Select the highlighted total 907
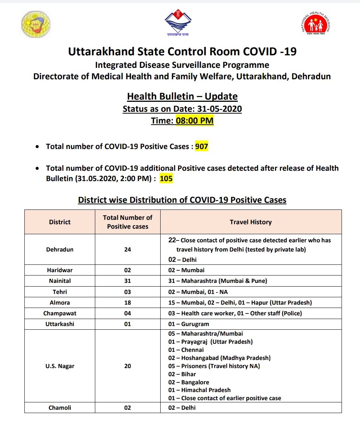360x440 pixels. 202,146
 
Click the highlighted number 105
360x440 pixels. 166,179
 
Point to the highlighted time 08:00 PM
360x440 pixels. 195,121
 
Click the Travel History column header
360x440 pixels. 250,222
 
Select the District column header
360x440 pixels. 60,222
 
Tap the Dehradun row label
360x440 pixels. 60,250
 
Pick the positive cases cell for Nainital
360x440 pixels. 127,281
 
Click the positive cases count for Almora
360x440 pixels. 127,302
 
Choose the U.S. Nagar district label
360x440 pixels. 60,366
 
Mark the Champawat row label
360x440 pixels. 60,313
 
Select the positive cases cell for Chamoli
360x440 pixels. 127,408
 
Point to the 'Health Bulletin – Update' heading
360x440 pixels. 182,97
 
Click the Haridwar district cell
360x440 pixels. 60,270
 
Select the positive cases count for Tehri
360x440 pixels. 127,292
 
